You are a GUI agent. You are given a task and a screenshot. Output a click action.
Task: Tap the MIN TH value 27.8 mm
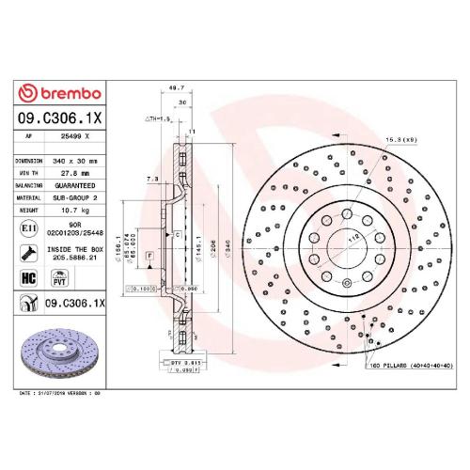(73, 173)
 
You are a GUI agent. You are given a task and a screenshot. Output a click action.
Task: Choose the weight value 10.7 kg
(72, 211)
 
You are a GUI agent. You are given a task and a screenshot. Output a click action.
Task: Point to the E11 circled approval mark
(26, 227)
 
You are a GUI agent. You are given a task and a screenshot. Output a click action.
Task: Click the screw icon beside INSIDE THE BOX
(27, 251)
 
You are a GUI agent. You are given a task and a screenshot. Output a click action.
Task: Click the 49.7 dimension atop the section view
(173, 87)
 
